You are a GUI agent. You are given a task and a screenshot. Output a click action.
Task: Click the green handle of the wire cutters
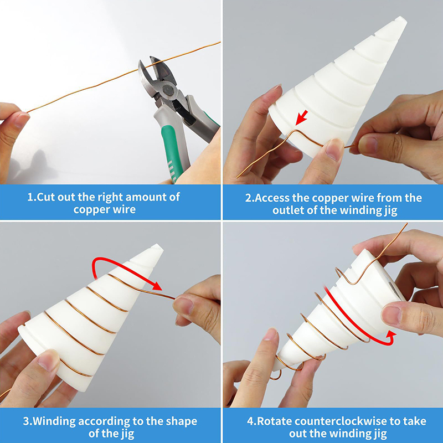pos(172,153)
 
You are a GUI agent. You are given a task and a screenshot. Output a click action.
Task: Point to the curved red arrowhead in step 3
pos(156,285)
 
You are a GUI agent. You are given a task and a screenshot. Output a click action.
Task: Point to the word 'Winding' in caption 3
pos(54,421)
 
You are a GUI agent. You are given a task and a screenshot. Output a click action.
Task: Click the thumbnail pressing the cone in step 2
pos(334,148)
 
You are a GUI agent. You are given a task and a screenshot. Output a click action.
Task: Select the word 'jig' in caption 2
pos(391,211)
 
